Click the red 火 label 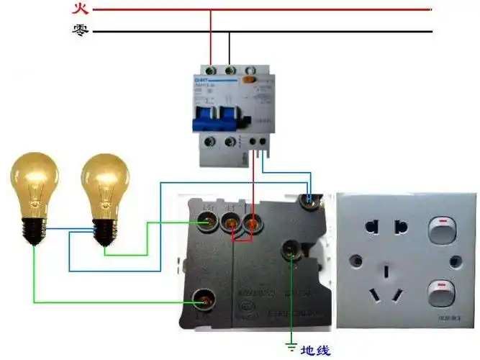coord(80,9)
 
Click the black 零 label coord(80,31)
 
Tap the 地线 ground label coord(314,351)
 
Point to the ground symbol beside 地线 coord(291,349)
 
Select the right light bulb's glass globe coord(105,184)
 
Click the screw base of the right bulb coord(105,230)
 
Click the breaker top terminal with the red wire coord(211,70)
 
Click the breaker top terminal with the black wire coord(230,70)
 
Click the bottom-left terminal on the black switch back coord(203,300)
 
